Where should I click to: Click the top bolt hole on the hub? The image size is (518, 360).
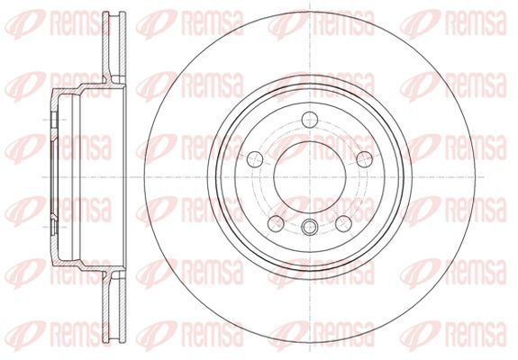310,120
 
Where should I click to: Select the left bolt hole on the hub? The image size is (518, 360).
255,159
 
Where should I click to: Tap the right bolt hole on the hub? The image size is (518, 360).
365,159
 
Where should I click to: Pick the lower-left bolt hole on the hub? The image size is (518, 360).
276,223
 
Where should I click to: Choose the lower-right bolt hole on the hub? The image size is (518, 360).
343,223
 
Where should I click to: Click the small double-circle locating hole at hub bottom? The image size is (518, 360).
310,227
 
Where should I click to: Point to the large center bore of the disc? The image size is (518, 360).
310,177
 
